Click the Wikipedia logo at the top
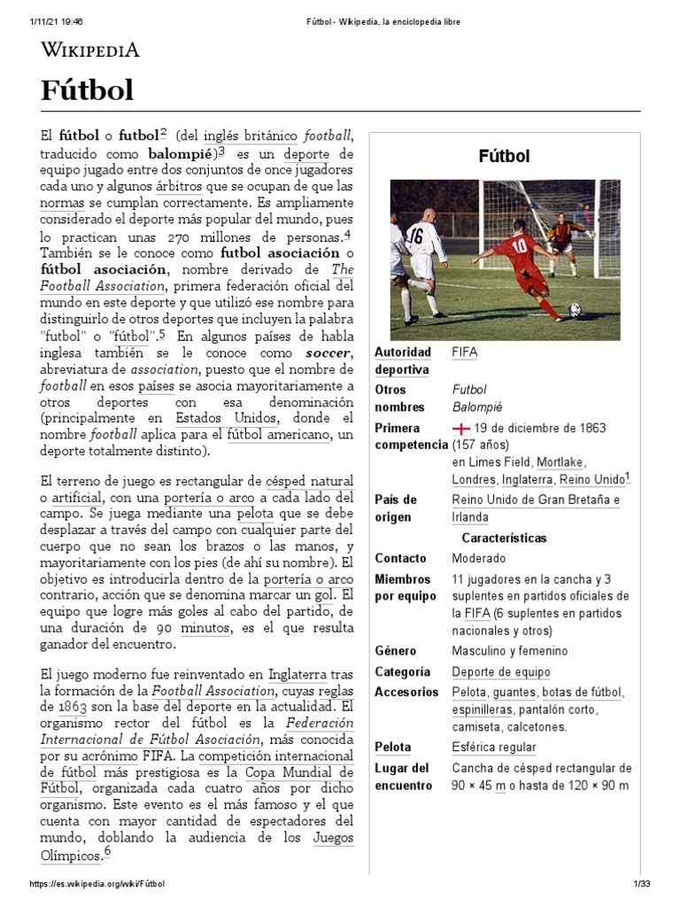(x=89, y=50)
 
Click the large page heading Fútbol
(x=88, y=89)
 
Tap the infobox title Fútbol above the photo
(x=505, y=157)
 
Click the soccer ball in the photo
(x=575, y=310)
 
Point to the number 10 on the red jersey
(x=519, y=245)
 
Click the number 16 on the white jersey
(x=415, y=235)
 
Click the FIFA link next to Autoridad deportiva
(x=464, y=352)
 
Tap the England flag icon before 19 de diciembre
(x=460, y=428)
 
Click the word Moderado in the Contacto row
(x=479, y=559)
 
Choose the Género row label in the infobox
(x=395, y=651)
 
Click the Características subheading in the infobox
(x=505, y=539)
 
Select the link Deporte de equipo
(x=501, y=672)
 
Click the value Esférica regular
(x=494, y=748)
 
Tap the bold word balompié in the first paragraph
(x=183, y=153)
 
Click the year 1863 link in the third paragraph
(x=73, y=708)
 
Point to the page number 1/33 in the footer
(x=641, y=884)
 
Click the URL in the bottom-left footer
(x=97, y=884)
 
